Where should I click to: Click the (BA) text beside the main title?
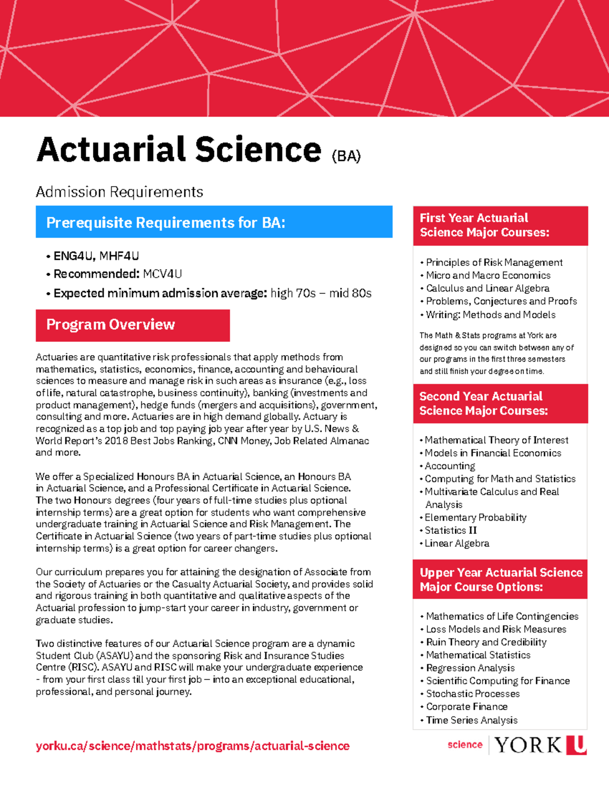click(x=346, y=156)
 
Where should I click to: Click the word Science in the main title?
click(x=258, y=150)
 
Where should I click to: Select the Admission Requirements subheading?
click(x=119, y=192)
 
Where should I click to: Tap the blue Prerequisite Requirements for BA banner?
click(x=214, y=222)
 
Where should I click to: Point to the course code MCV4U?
click(x=162, y=274)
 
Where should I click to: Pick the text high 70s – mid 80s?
click(x=321, y=293)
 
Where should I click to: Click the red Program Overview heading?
click(x=132, y=325)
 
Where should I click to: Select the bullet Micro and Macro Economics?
click(x=488, y=275)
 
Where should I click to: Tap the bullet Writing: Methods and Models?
click(x=490, y=315)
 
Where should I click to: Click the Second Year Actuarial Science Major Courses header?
click(x=500, y=403)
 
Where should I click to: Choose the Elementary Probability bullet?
click(x=475, y=517)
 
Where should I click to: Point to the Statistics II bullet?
click(x=450, y=530)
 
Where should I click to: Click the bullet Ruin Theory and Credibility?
click(x=486, y=642)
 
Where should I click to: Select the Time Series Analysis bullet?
click(x=471, y=720)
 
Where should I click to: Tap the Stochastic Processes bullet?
click(x=472, y=694)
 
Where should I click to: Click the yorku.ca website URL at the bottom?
click(x=192, y=746)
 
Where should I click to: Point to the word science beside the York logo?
click(x=464, y=744)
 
